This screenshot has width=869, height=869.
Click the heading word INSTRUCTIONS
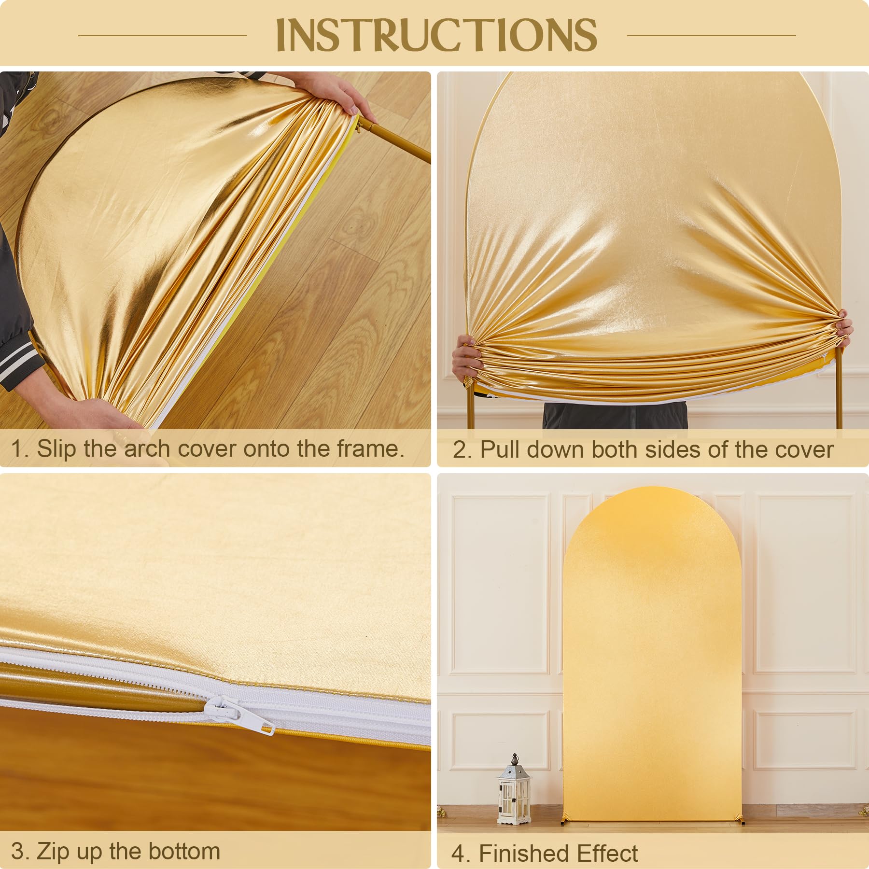pos(436,35)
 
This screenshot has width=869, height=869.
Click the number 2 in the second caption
pos(460,450)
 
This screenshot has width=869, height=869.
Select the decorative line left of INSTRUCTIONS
pos(163,35)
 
